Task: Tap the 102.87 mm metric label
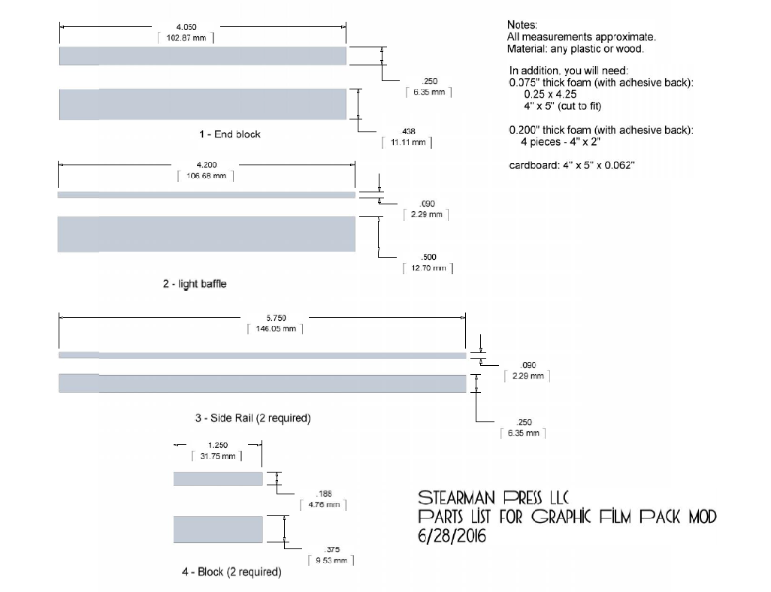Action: tap(186, 38)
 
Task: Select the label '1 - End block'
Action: tap(230, 134)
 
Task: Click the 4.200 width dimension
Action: tap(207, 165)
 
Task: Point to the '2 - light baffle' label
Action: tap(195, 284)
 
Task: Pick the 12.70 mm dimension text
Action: tap(428, 268)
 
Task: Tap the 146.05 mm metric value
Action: tap(275, 329)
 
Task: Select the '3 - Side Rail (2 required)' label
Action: tap(252, 418)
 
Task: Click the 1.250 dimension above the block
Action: tap(218, 445)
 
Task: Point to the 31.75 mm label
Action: tap(217, 456)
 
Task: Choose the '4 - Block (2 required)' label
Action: tap(231, 572)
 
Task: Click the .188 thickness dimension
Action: tap(325, 494)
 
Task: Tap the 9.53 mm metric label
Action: tap(331, 560)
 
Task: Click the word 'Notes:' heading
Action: tap(522, 26)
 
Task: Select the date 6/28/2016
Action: tap(452, 536)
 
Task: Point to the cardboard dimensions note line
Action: tap(572, 166)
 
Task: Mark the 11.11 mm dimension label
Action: tap(407, 142)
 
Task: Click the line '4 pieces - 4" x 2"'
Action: tap(560, 142)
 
